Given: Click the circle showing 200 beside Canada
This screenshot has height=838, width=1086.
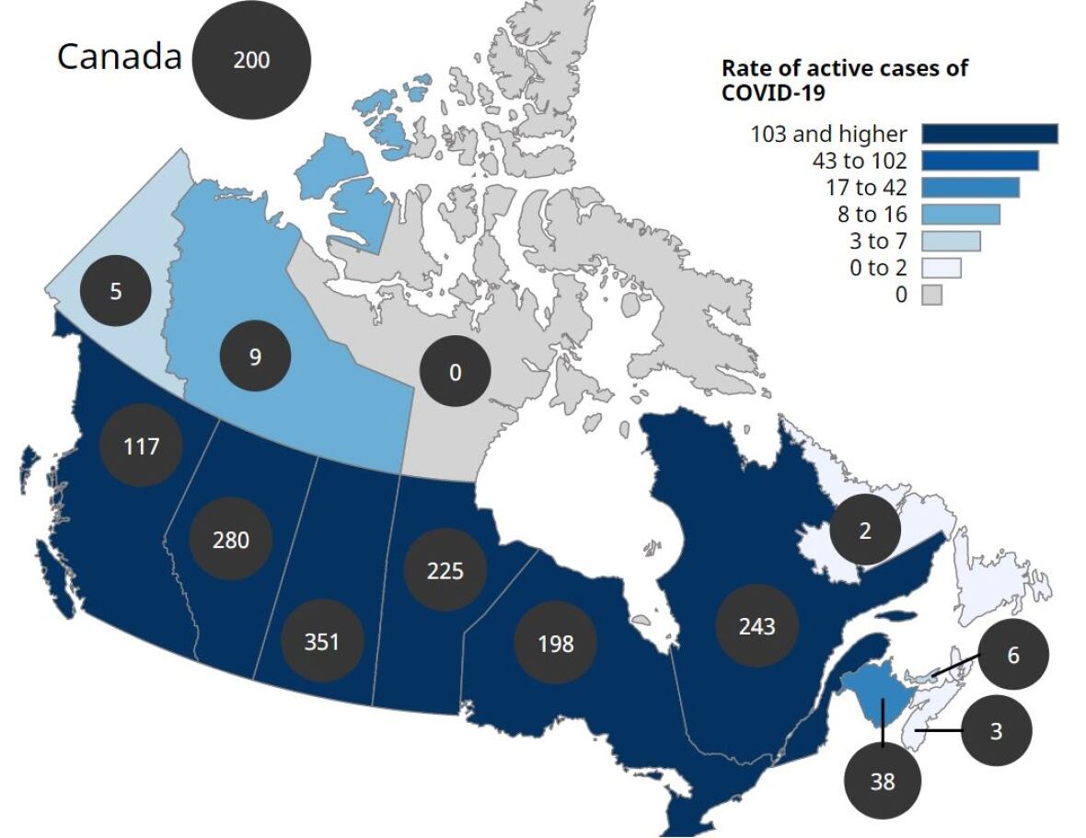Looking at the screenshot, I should [251, 60].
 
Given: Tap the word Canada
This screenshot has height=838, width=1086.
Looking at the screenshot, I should [120, 56].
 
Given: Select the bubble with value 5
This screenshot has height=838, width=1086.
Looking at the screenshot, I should [116, 291].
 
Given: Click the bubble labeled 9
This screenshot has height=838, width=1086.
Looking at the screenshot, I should [255, 356].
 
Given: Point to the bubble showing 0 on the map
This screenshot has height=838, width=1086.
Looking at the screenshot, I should [455, 373].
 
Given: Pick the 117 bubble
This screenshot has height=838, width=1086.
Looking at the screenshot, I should [142, 447].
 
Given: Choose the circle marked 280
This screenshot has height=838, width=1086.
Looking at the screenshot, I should [231, 539].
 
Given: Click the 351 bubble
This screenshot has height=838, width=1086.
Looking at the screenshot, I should [322, 641].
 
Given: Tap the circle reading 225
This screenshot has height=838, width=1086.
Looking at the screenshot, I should [445, 570].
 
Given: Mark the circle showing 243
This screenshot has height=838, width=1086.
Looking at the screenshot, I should [757, 626].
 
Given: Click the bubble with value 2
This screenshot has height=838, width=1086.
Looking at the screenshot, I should [865, 530].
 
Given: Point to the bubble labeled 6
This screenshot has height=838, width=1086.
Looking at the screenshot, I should [1013, 655].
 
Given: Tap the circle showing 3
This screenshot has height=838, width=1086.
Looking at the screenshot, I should [996, 732].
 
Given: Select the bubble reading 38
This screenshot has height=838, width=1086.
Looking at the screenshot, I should [882, 781].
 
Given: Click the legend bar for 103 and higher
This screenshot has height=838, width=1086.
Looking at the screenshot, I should [989, 134].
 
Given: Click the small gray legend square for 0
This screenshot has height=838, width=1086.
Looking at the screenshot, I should [931, 296].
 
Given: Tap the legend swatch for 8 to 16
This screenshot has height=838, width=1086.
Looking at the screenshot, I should [960, 215].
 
